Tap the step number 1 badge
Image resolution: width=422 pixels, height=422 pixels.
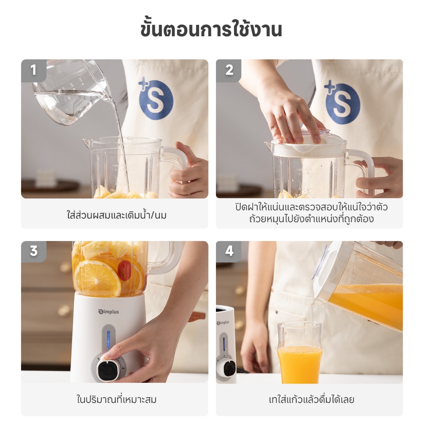pos(34,70)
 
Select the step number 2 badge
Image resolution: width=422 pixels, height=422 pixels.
pos(229,70)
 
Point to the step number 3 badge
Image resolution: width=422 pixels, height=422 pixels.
pos(34,251)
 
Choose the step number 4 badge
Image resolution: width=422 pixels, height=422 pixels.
pos(229,251)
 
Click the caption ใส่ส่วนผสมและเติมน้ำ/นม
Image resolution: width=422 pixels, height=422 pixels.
pos(116,215)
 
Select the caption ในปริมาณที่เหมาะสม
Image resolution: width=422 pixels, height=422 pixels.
pos(116,399)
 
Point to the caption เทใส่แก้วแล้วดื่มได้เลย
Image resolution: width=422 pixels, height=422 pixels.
pos(312,399)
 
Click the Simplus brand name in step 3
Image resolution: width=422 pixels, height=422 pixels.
pos(108,312)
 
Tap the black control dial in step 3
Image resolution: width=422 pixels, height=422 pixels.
pos(107,370)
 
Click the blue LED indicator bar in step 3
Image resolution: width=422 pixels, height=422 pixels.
pos(108,340)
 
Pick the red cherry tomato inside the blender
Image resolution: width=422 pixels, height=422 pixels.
pos(124,271)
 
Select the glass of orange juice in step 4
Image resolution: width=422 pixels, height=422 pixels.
pos(299,353)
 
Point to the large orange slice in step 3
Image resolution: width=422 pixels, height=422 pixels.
pos(97,278)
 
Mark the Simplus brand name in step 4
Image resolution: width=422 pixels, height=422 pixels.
pos(223,322)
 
